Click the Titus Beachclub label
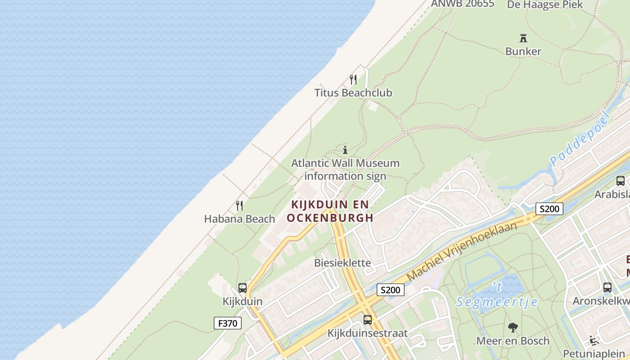(353, 93)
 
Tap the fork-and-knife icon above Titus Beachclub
(353, 80)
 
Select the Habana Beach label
(239, 219)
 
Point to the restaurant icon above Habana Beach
(239, 206)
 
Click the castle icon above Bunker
(523, 38)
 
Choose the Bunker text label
(523, 51)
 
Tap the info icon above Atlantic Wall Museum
(345, 150)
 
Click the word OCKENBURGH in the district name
(330, 218)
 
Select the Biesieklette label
(343, 263)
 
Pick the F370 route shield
(228, 323)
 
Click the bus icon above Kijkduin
(243, 288)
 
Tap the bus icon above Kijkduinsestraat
(368, 320)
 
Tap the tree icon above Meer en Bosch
(513, 328)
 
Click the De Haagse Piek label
(545, 5)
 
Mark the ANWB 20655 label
(463, 4)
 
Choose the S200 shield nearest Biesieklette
(390, 290)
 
